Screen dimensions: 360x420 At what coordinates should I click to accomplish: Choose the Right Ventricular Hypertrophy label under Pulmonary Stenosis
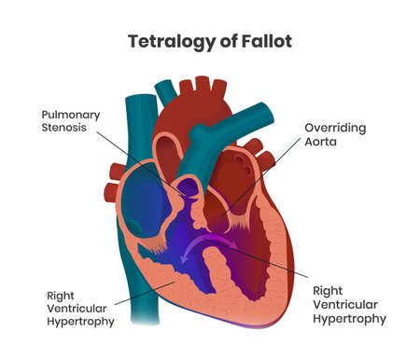(83, 309)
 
